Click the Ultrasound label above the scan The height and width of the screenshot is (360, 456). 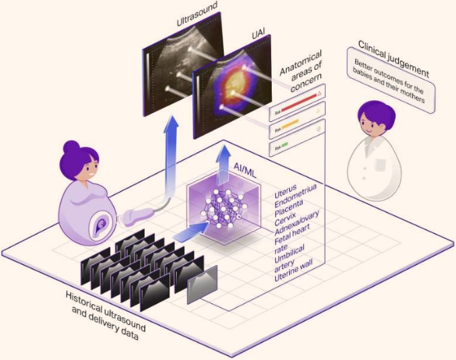coord(196,14)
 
